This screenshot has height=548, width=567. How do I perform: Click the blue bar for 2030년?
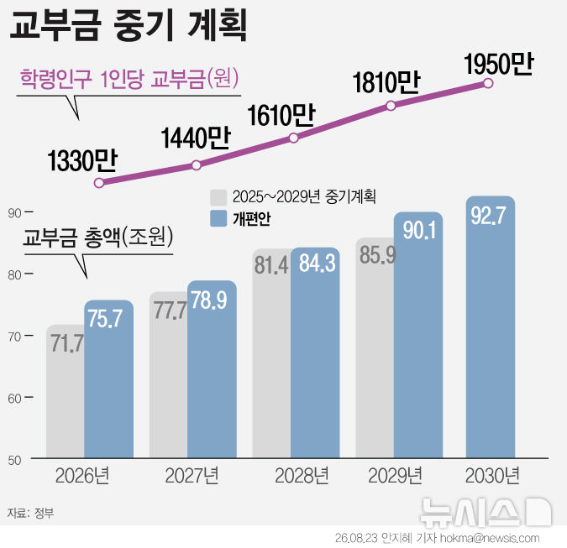[491, 327]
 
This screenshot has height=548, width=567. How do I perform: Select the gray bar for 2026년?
[66, 391]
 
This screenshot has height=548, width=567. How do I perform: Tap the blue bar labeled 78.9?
[212, 369]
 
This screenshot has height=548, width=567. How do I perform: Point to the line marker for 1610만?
[294, 138]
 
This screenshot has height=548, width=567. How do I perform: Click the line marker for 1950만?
[488, 83]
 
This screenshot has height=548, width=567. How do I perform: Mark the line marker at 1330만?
[99, 183]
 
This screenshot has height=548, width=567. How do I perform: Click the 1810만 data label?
[386, 82]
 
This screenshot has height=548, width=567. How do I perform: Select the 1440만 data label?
[196, 138]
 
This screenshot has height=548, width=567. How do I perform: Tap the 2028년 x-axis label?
[302, 476]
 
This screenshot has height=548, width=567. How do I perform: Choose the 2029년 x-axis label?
[396, 476]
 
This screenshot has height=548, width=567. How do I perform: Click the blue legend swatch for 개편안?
[218, 218]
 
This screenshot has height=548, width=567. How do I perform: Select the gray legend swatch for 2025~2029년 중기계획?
[218, 197]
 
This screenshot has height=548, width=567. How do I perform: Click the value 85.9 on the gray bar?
[377, 255]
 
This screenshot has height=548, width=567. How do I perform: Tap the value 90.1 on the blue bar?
[419, 230]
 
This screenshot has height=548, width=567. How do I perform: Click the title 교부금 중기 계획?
[129, 24]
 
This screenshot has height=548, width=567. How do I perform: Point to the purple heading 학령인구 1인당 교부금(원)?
[129, 78]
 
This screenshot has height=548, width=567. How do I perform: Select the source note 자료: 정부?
[31, 513]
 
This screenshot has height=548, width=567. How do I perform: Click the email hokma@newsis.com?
[490, 538]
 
